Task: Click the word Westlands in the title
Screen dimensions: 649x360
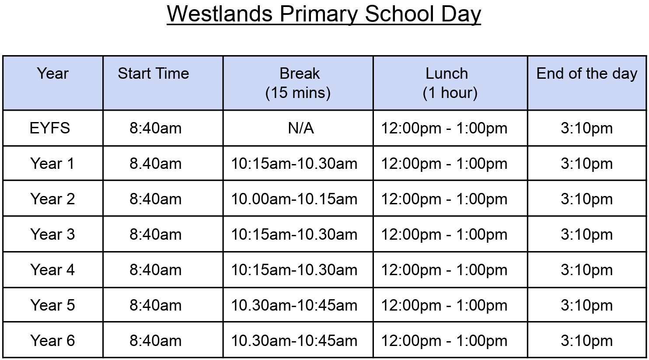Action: [x=220, y=14]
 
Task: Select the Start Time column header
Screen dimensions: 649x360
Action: [x=153, y=73]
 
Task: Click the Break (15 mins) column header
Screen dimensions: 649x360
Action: [x=298, y=83]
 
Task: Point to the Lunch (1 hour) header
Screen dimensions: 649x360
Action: [x=450, y=83]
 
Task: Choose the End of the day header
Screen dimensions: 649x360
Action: [x=587, y=74]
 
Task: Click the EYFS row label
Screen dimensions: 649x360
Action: [x=50, y=128]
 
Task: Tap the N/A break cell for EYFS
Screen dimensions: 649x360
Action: [x=301, y=128]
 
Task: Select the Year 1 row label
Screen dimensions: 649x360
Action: [x=52, y=164]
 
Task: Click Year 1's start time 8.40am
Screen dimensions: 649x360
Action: [x=155, y=164]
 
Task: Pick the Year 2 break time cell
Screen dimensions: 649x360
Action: [x=294, y=199]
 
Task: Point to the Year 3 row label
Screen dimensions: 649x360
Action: [x=52, y=234]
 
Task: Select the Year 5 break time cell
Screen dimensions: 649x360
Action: [x=294, y=305]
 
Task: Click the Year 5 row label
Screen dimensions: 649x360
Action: [x=52, y=305]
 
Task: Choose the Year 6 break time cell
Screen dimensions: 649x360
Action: [x=294, y=341]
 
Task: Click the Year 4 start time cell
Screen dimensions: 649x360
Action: [x=155, y=270]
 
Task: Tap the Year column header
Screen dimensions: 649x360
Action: [x=52, y=73]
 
